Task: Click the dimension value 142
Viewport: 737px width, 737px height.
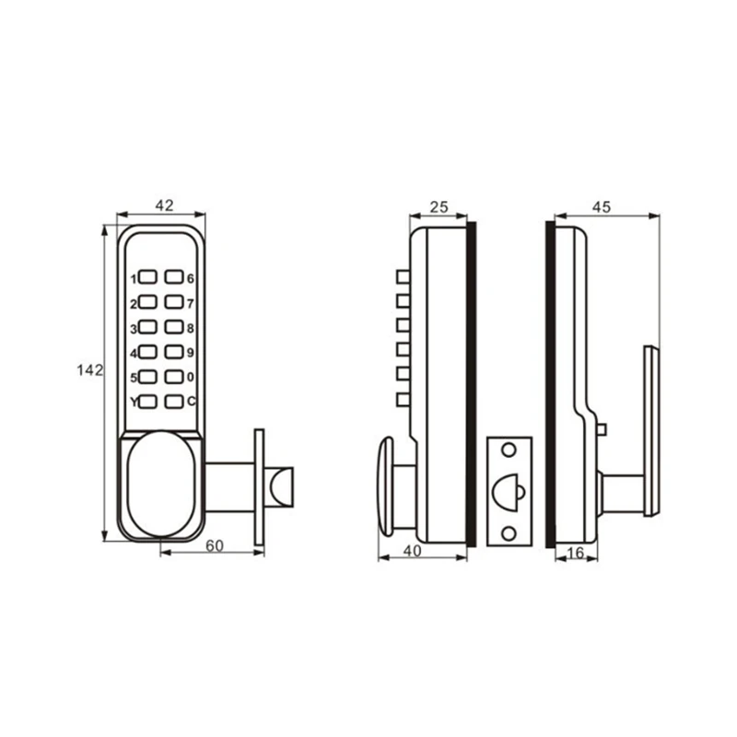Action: (x=89, y=369)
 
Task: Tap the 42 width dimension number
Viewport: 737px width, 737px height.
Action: (x=164, y=206)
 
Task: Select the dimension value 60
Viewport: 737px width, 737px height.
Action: (x=214, y=545)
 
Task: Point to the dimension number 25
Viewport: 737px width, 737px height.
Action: (x=439, y=207)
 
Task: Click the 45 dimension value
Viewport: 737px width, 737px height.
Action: (x=602, y=207)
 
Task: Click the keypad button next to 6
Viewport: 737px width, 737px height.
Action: (x=173, y=276)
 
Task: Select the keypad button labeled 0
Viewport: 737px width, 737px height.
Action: (x=173, y=376)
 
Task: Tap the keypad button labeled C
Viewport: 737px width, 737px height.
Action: (x=173, y=401)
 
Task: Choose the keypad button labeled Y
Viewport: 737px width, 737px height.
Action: (x=148, y=401)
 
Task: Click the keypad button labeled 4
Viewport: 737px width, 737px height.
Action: (x=148, y=351)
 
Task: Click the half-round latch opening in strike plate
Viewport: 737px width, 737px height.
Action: (x=508, y=493)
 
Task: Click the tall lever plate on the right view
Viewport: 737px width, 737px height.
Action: (x=651, y=430)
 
